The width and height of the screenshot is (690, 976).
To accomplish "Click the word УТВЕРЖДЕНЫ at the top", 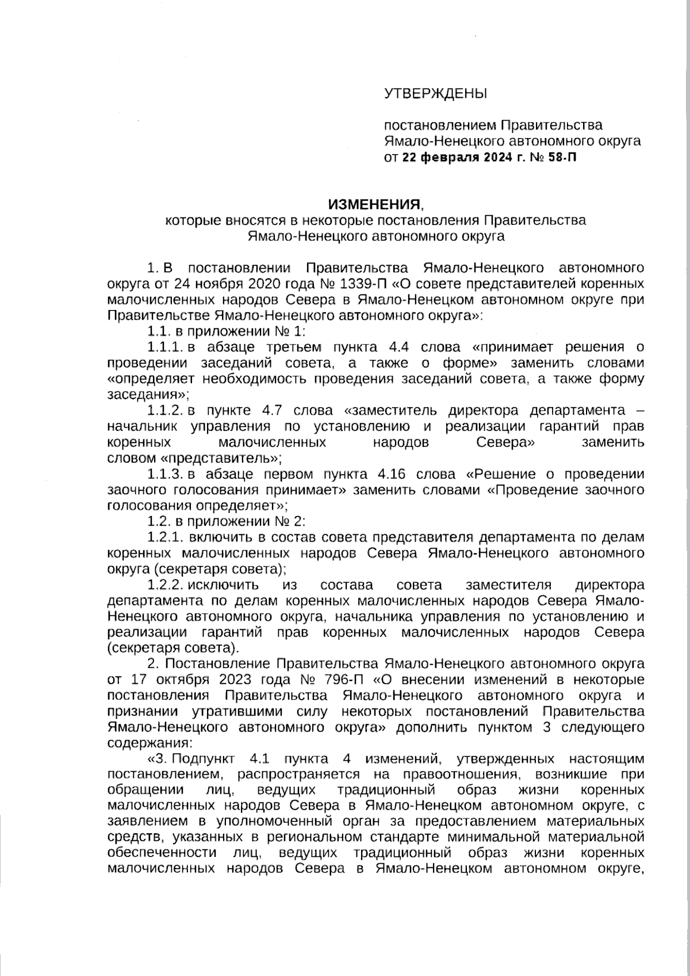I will tap(435, 93).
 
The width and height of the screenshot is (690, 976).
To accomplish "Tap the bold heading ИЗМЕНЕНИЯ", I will tap(374, 204).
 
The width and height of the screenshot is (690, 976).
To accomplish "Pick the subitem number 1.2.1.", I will tap(165, 538).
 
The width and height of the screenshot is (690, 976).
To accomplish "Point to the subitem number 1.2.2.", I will tap(165, 585).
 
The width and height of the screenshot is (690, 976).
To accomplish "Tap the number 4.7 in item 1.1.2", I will tap(271, 411).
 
